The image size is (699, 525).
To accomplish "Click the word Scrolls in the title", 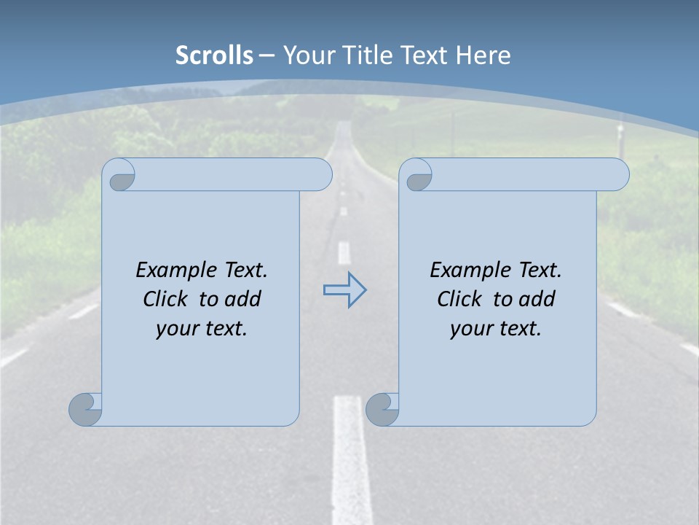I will (x=214, y=55).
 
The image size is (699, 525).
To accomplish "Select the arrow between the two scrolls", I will (x=344, y=290).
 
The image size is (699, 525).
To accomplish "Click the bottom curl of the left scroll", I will (x=85, y=408).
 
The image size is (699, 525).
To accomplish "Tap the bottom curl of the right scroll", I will (x=382, y=408).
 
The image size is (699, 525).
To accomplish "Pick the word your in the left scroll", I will (x=177, y=329).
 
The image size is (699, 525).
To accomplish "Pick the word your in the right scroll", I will (x=471, y=329).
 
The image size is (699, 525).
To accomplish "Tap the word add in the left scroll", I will (x=243, y=299).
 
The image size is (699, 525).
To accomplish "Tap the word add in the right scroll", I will (x=537, y=299).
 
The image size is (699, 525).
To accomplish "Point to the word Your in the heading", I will (x=307, y=55).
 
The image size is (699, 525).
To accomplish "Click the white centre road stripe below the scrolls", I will (x=351, y=459).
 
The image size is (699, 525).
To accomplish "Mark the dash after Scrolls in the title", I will (x=266, y=55).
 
